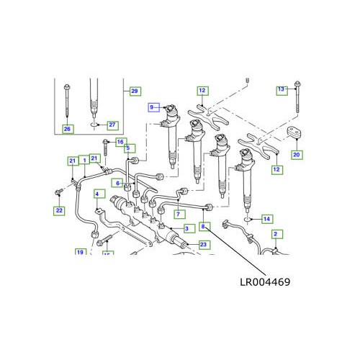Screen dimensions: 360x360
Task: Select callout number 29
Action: [133, 90]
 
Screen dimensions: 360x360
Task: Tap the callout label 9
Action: [153, 107]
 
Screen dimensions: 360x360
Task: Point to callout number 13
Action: [281, 89]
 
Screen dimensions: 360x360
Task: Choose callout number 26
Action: [68, 129]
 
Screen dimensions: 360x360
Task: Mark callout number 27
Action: [112, 124]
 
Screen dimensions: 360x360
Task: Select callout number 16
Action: [121, 142]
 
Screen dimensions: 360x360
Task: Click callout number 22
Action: [59, 210]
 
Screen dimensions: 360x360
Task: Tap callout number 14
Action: [266, 218]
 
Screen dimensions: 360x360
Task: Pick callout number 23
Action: [204, 245]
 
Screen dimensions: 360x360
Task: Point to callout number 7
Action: [177, 215]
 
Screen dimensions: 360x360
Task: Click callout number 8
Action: [204, 227]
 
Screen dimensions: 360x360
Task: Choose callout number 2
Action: [276, 235]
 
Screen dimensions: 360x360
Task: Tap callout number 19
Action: [81, 252]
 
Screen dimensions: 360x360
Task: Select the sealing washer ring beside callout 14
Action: [247, 216]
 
